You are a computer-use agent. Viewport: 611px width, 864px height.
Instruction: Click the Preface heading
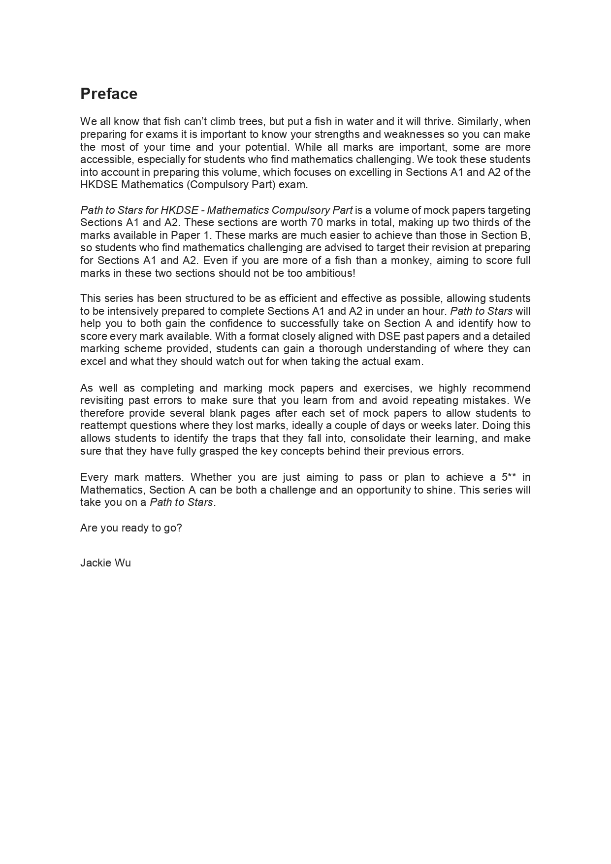pyautogui.click(x=109, y=94)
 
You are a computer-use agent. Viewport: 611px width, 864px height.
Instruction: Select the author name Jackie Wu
pyautogui.click(x=105, y=563)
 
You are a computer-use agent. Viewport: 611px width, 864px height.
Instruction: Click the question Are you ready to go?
pyautogui.click(x=131, y=528)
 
